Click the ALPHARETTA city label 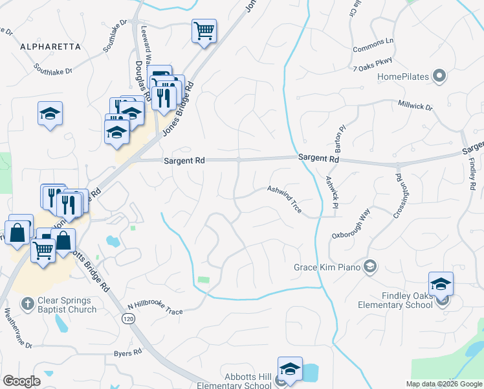[x=50, y=47]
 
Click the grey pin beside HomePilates [x=439, y=77]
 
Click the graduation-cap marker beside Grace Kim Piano [x=369, y=266]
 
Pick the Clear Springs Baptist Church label [x=67, y=305]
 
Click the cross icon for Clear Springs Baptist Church [x=27, y=303]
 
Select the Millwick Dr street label [x=415, y=104]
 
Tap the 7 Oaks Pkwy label [x=373, y=64]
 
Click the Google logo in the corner [x=21, y=381]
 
